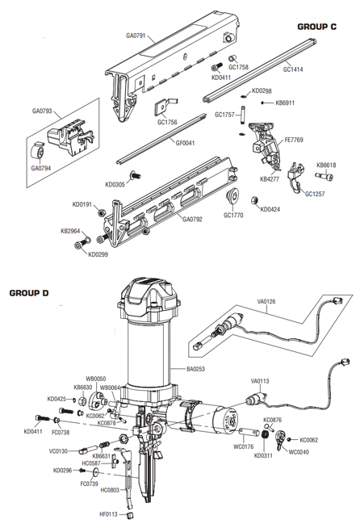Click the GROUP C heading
click(316, 27)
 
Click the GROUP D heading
click(29, 293)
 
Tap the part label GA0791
click(136, 36)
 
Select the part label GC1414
click(293, 69)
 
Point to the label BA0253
click(195, 369)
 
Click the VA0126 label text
click(266, 301)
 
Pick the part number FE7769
click(294, 140)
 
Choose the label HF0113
click(108, 514)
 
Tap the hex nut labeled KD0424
click(254, 200)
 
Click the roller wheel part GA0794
click(37, 152)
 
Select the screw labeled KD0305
click(135, 175)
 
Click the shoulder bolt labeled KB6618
click(324, 176)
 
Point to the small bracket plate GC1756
click(165, 107)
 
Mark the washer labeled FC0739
click(97, 473)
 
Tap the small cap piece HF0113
click(130, 516)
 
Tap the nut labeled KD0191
click(101, 213)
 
